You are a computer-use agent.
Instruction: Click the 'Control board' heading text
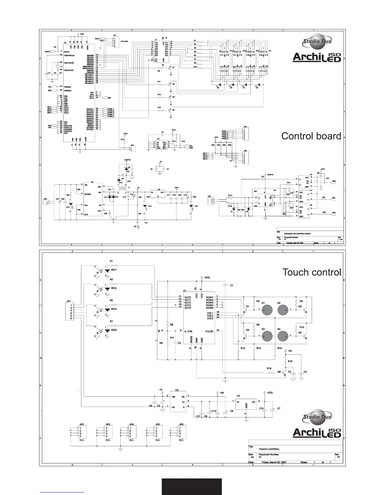[311, 136]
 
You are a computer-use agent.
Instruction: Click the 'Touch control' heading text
[311, 272]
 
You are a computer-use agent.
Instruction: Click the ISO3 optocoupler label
[114, 309]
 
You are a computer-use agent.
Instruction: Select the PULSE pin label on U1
[209, 331]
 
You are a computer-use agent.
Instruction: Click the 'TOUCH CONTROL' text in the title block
[269, 449]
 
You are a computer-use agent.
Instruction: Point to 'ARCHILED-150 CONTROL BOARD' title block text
[297, 233]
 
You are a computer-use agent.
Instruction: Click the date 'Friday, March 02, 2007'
[274, 462]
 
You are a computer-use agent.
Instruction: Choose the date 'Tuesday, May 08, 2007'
[295, 243]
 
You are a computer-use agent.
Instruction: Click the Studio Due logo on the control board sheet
[317, 41]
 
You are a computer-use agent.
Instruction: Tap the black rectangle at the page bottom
[191, 486]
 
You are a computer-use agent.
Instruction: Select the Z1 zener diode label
[232, 212]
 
